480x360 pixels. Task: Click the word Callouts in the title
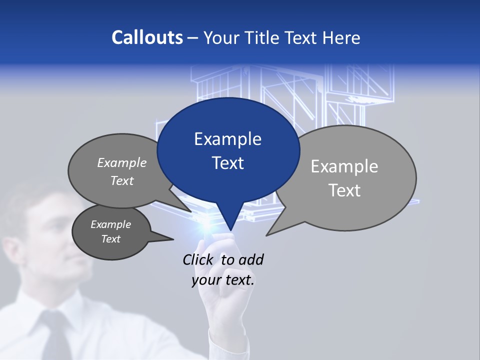(x=147, y=37)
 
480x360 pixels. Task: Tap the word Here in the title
(x=342, y=37)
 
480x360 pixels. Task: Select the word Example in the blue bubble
(x=227, y=139)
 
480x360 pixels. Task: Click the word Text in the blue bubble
(x=227, y=163)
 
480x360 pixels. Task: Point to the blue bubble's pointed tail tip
(x=230, y=230)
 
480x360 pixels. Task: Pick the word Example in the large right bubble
(x=344, y=166)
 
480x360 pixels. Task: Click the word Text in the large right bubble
(x=344, y=190)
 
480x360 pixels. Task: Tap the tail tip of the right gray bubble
(x=266, y=235)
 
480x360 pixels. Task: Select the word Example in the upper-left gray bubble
(x=122, y=162)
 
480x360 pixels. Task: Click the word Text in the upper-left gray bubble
(x=122, y=180)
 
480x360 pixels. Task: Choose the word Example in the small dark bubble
(x=111, y=224)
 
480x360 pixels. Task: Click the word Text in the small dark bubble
(x=111, y=239)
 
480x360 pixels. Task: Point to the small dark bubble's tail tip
(x=173, y=239)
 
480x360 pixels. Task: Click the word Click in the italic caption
(x=197, y=259)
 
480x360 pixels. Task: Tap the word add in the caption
(x=251, y=259)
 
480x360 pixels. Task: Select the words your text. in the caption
(x=223, y=280)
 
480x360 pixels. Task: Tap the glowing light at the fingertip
(x=206, y=227)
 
